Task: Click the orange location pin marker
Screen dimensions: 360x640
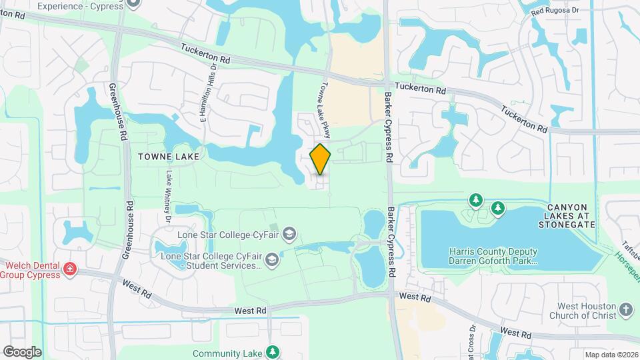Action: coord(321,159)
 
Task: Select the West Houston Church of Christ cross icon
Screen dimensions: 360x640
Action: coord(625,309)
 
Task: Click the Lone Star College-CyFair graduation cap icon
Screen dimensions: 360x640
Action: coord(289,234)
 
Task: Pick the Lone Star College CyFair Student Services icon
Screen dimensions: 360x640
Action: coord(271,259)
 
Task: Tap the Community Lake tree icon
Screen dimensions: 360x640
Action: coord(272,351)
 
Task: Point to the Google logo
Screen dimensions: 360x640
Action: coord(21,351)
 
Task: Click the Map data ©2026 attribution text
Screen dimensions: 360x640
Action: coord(611,355)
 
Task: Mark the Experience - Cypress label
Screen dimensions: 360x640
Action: coord(81,6)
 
